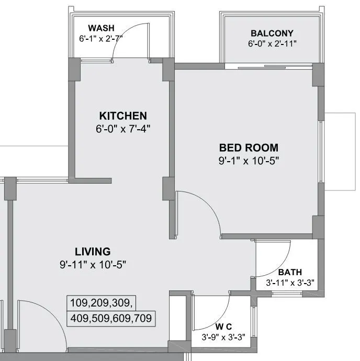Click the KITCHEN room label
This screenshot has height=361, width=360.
point(123,116)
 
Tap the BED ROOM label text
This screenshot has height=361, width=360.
point(249,148)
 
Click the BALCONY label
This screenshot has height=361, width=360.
point(272,33)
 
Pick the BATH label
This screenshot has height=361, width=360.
point(289,273)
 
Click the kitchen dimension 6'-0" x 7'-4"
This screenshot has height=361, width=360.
point(123,128)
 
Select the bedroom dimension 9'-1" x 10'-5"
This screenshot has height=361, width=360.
point(249,161)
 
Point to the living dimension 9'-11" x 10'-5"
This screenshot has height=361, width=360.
point(93,264)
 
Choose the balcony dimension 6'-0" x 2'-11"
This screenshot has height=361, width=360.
point(272,43)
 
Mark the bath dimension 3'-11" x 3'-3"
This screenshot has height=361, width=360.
point(289,283)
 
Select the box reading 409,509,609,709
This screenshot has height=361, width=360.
point(112,317)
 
